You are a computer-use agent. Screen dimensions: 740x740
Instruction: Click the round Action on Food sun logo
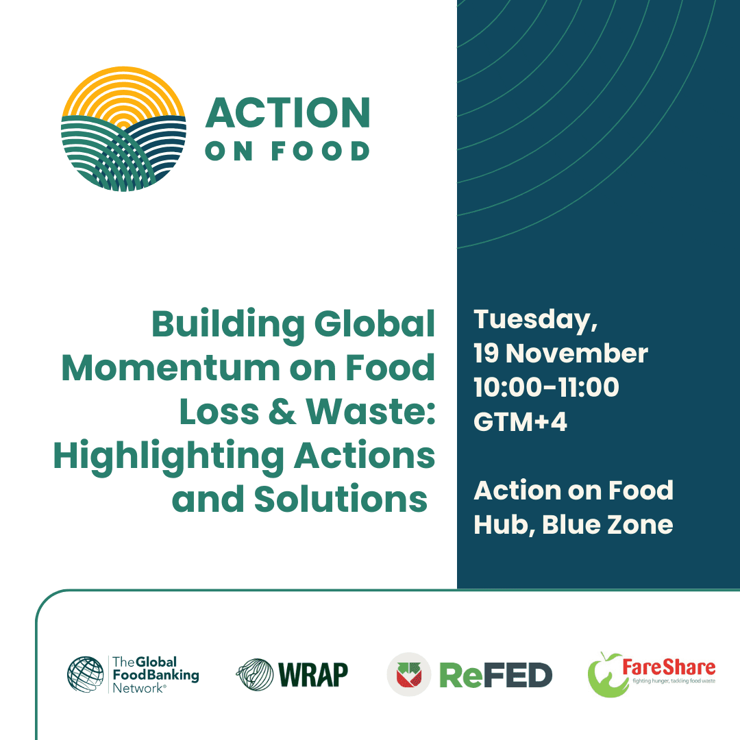[123, 129]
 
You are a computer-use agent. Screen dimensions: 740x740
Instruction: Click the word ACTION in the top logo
[288, 113]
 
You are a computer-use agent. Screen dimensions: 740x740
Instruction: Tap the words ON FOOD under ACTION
[287, 151]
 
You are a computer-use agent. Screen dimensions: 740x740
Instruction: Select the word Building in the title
[228, 325]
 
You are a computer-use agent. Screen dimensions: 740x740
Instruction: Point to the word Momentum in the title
[171, 368]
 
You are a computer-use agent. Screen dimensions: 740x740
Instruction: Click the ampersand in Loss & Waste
[282, 412]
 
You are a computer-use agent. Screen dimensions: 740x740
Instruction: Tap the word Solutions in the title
[341, 500]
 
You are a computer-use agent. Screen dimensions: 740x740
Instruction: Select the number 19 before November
[486, 354]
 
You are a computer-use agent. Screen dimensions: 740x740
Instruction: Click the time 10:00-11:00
[546, 387]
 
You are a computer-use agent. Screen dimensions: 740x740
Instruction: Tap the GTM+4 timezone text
[520, 421]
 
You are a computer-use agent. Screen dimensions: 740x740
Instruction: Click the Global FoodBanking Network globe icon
[86, 674]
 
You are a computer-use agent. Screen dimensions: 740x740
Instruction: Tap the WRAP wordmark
[313, 674]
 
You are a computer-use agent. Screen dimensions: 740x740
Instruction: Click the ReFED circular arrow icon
[408, 674]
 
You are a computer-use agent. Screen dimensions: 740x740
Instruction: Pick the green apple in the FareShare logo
[607, 675]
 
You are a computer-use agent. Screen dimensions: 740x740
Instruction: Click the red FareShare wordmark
[669, 667]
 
